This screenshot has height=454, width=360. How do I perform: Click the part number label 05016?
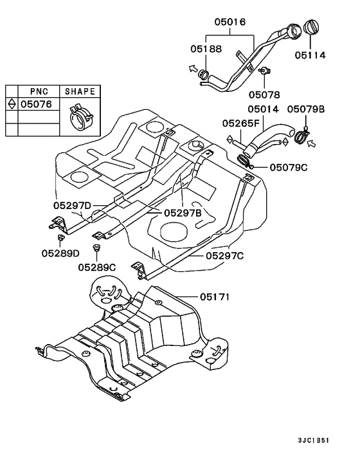(230, 22)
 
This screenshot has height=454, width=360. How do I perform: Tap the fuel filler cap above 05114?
(310, 27)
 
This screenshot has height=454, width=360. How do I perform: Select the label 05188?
(206, 49)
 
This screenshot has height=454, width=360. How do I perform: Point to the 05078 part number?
(264, 95)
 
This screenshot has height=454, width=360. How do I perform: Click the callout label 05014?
(263, 109)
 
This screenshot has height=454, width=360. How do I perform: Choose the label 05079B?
(306, 109)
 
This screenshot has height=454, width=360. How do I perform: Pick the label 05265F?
(241, 123)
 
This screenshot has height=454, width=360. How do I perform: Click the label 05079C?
(289, 167)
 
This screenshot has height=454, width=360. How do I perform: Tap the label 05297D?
(72, 206)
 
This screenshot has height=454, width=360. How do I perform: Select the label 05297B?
(183, 213)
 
